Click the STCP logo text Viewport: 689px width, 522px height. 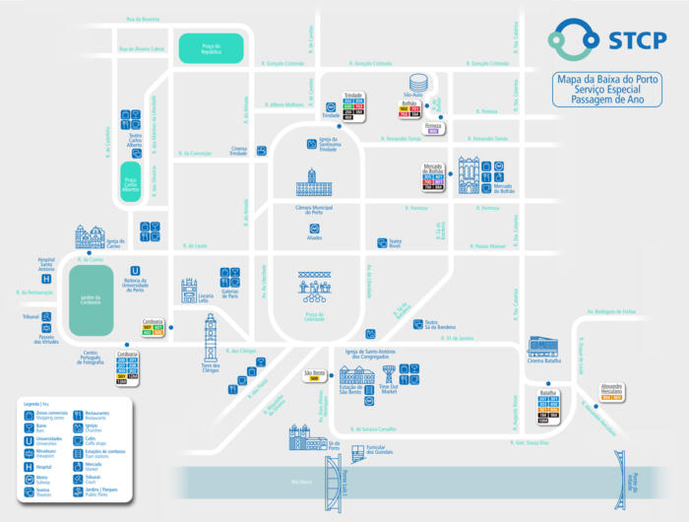click(631, 40)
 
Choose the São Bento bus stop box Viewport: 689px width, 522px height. click(313, 375)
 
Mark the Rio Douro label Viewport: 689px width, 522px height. click(301, 482)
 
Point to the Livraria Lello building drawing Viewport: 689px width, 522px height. click(189, 290)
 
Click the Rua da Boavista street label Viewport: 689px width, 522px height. click(143, 19)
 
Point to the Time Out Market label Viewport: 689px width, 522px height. click(388, 389)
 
